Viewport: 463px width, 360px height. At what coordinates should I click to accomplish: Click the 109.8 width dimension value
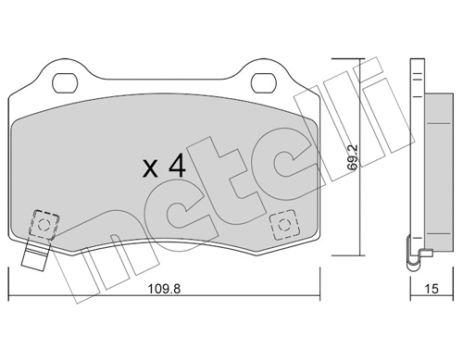pos(164,289)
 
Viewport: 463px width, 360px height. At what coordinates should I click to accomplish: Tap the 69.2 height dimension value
pos(352,157)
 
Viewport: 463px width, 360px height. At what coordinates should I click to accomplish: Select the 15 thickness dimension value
pos(432,289)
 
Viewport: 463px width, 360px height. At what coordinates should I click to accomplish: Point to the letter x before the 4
pos(151,169)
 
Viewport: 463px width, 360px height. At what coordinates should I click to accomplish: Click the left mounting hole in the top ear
pos(64,83)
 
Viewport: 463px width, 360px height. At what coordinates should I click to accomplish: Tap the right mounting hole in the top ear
pos(263,83)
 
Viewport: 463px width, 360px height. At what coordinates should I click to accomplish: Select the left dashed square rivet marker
pos(44,225)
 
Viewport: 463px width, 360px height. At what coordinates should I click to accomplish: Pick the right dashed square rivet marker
pos(284,225)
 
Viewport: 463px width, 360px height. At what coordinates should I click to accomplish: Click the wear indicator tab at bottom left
pos(34,255)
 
